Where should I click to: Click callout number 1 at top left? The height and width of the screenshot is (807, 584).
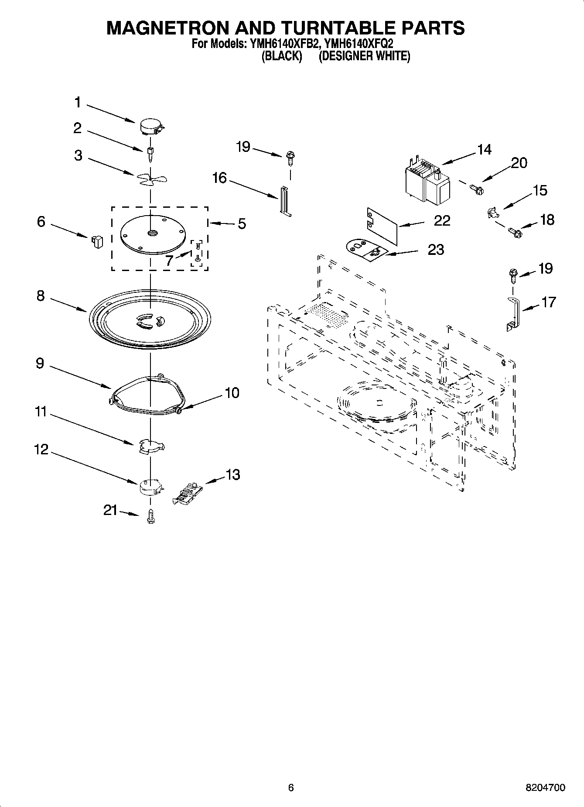[x=77, y=103]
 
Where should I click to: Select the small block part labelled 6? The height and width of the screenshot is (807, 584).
[x=97, y=241]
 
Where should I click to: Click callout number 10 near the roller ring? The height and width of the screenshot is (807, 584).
[x=232, y=393]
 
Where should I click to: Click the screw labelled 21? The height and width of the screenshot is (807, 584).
[x=151, y=516]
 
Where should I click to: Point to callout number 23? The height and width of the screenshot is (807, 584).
[x=435, y=250]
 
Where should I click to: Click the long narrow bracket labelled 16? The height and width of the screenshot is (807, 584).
[x=285, y=200]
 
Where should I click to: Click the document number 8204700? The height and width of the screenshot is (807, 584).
[x=545, y=787]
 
